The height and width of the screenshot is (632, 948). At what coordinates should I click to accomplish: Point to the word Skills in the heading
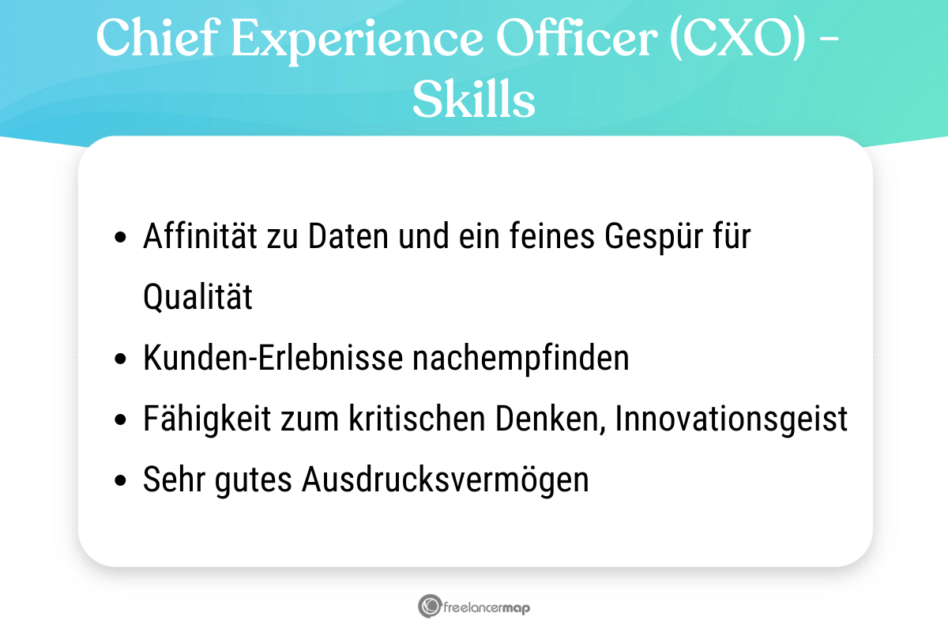[474, 100]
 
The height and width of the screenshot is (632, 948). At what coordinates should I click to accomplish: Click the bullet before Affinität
[120, 238]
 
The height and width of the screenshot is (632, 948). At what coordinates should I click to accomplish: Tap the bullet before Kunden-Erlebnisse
[120, 359]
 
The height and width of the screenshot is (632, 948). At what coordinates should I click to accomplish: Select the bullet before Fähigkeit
[120, 420]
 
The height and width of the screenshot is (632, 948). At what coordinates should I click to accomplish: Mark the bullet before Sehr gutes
[120, 481]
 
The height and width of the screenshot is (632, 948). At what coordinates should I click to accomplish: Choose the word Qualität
[198, 299]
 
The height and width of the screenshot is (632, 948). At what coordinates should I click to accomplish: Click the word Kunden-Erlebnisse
[273, 359]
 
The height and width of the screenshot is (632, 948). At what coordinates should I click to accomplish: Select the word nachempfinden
[521, 359]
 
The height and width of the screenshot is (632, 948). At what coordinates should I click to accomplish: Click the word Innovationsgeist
[732, 419]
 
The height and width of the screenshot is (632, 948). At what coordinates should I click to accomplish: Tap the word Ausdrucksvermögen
[446, 480]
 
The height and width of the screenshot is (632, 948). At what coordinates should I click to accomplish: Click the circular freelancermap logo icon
[429, 607]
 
